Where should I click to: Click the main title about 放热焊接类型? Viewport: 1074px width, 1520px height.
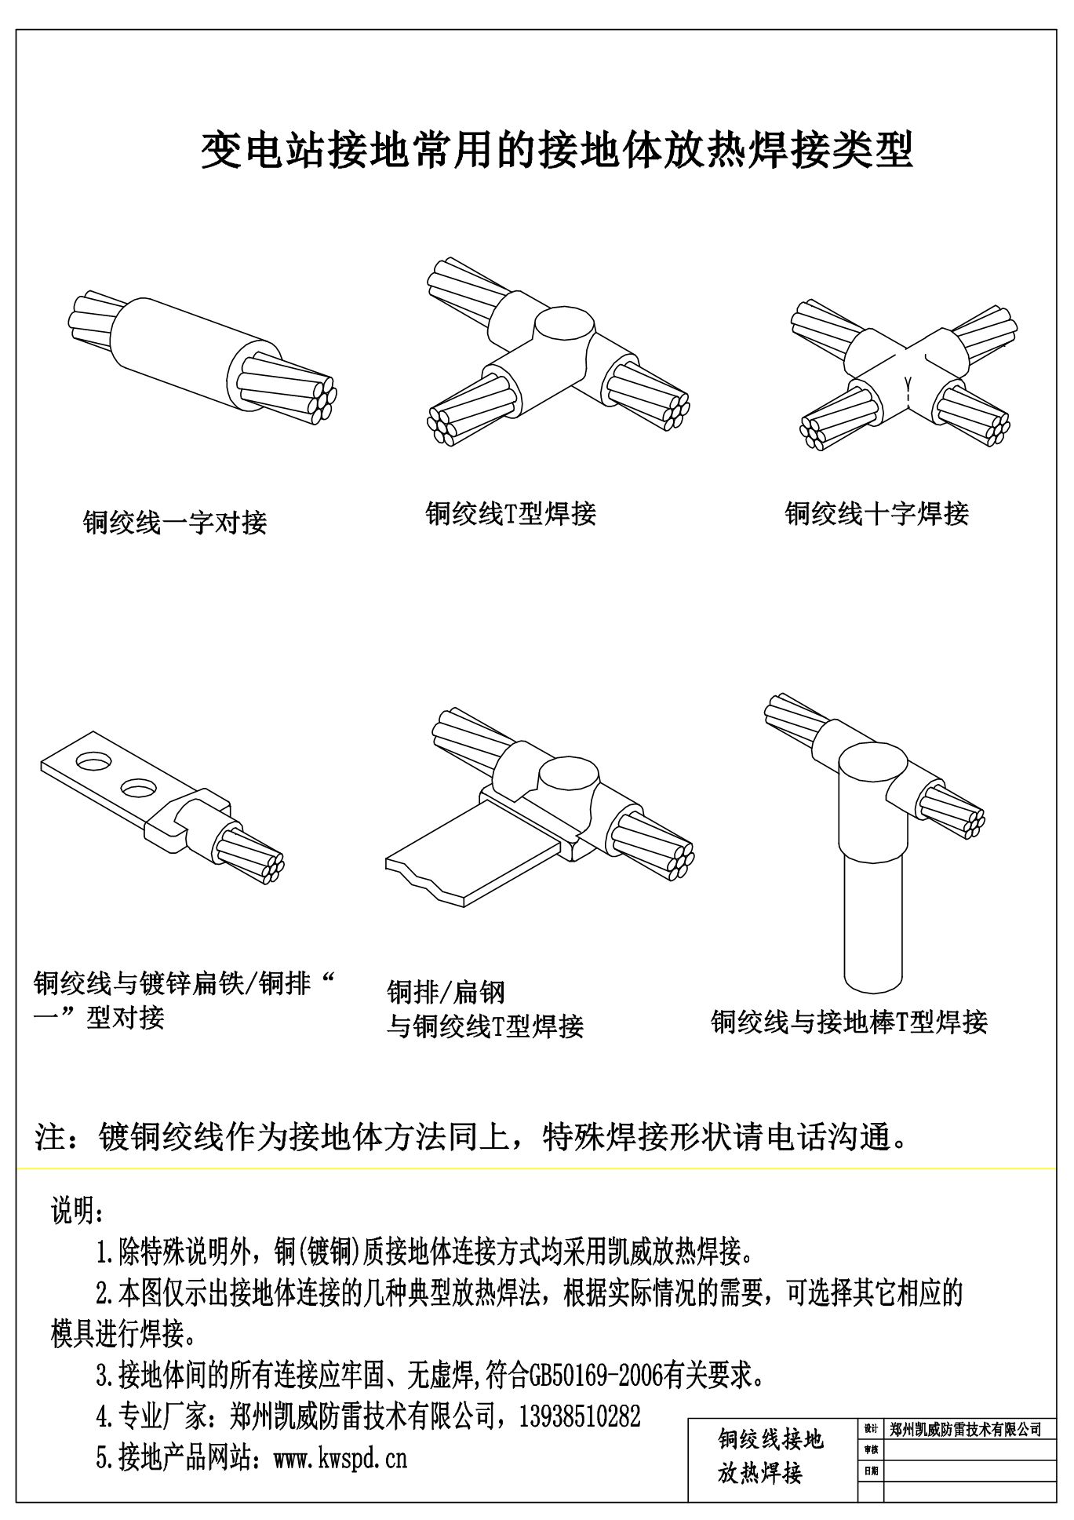tap(556, 151)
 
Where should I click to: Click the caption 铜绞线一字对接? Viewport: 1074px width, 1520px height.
tap(175, 522)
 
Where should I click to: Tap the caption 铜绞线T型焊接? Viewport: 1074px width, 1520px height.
tap(511, 513)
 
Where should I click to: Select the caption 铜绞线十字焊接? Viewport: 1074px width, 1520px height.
tap(876, 513)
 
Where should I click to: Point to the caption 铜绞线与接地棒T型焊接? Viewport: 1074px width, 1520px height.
tap(849, 1022)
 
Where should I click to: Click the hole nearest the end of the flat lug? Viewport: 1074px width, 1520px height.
tap(93, 761)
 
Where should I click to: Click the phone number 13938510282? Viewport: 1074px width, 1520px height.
tap(580, 1416)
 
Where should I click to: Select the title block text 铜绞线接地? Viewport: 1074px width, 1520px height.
tap(770, 1438)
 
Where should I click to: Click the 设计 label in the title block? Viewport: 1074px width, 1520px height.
tap(870, 1429)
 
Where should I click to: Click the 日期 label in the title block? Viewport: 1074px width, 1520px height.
tap(870, 1471)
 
